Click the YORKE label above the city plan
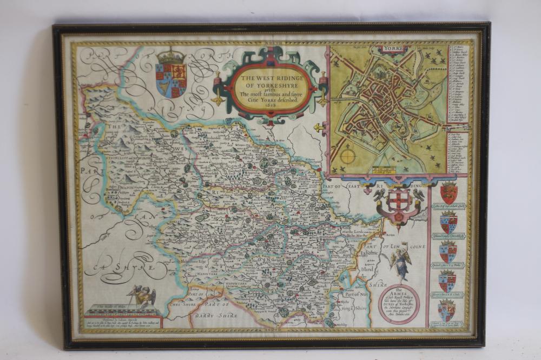388,49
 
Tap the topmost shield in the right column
448,192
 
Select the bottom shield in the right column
447,311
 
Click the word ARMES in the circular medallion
399,297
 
